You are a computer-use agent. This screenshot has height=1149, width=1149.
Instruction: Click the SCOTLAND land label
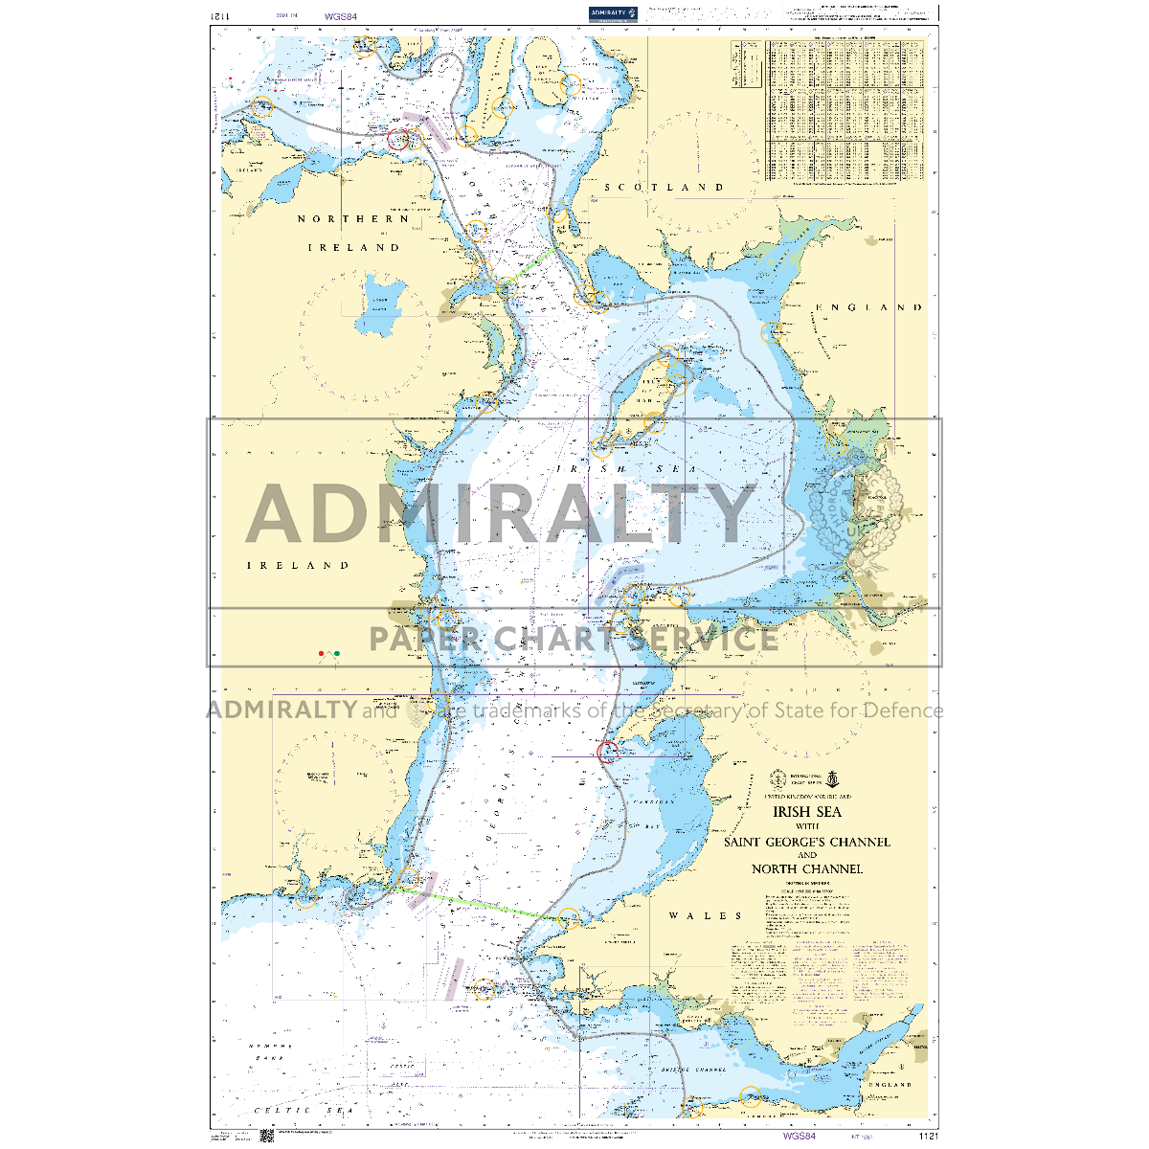click(x=664, y=188)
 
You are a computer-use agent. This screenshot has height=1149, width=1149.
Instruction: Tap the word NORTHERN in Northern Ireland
click(x=353, y=219)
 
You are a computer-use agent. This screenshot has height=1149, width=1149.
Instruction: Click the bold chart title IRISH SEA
click(x=807, y=812)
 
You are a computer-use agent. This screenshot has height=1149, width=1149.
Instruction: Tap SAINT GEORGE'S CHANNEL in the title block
click(x=807, y=843)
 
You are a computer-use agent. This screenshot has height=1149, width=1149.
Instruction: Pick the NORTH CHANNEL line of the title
click(x=807, y=869)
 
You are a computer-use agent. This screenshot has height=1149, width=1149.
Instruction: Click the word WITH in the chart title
click(x=807, y=827)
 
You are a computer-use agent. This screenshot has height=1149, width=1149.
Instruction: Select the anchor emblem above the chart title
click(x=833, y=777)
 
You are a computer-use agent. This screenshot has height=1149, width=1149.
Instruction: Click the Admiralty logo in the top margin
click(x=614, y=12)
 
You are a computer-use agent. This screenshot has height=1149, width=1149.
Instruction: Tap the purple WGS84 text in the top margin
click(x=341, y=16)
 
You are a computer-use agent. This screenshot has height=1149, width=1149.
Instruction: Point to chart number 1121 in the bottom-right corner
click(x=927, y=1137)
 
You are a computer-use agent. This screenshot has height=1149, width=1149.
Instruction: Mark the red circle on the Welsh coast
click(x=607, y=752)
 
